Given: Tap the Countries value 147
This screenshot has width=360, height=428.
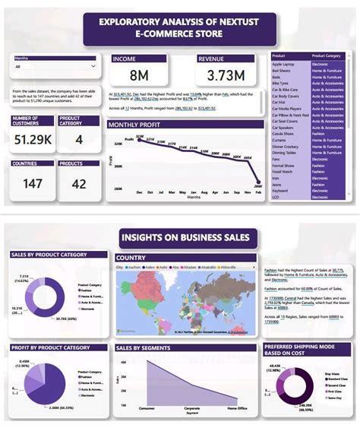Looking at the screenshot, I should pyautogui.click(x=32, y=184).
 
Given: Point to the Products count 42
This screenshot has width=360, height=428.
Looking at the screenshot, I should pyautogui.click(x=78, y=184).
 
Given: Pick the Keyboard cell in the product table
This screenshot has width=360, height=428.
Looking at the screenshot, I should pyautogui.click(x=280, y=190).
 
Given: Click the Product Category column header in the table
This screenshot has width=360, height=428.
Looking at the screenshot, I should pyautogui.click(x=326, y=55).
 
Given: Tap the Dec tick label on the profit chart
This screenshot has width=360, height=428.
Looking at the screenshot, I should pyautogui.click(x=139, y=192).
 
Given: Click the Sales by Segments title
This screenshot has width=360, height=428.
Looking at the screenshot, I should pyautogui.click(x=144, y=347).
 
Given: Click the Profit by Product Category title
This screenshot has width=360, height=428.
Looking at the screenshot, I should pyautogui.click(x=49, y=347).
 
